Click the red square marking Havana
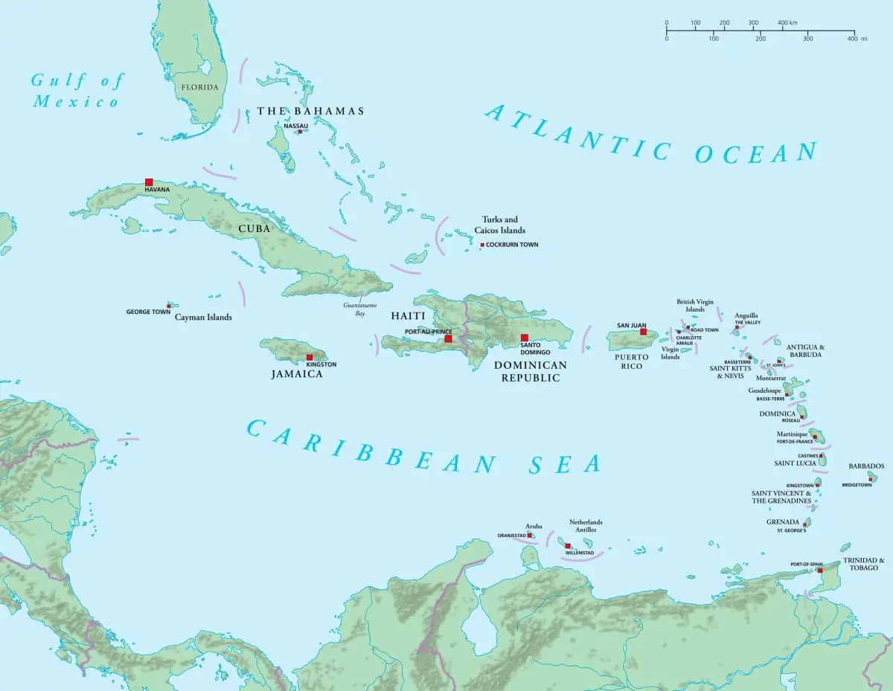(149, 182)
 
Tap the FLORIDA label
(200, 87)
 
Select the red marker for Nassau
(300, 132)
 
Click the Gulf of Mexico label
(77, 91)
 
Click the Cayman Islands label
(203, 318)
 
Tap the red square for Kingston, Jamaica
(310, 357)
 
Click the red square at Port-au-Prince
(448, 338)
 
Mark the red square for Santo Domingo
(524, 338)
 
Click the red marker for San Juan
(643, 332)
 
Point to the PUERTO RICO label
(631, 361)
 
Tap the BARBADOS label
(866, 466)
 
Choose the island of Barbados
(872, 477)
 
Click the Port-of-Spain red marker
(820, 571)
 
